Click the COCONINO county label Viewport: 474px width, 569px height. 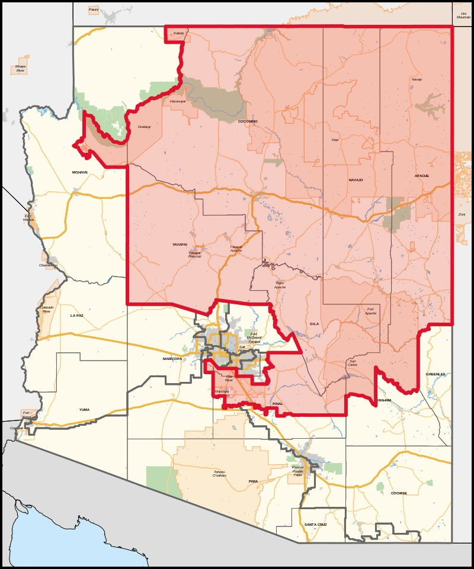(247, 121)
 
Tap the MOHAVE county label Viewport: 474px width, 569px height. (79, 172)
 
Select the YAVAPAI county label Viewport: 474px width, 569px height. (180, 244)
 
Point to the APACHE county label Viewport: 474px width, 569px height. (422, 176)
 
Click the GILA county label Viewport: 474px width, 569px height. (314, 324)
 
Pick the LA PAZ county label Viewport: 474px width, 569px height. (76, 316)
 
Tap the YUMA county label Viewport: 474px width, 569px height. (85, 409)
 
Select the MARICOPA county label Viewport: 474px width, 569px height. (173, 359)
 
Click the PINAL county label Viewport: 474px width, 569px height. (277, 403)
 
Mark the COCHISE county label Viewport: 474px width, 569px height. (399, 493)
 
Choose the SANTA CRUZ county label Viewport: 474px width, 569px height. (315, 525)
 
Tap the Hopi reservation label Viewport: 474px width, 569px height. (335, 140)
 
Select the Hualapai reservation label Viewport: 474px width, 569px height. (144, 127)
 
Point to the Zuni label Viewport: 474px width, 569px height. (462, 214)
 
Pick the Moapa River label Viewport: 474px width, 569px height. (21, 69)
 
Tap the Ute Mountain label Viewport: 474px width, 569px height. (462, 15)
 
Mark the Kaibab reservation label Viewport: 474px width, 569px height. (179, 33)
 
